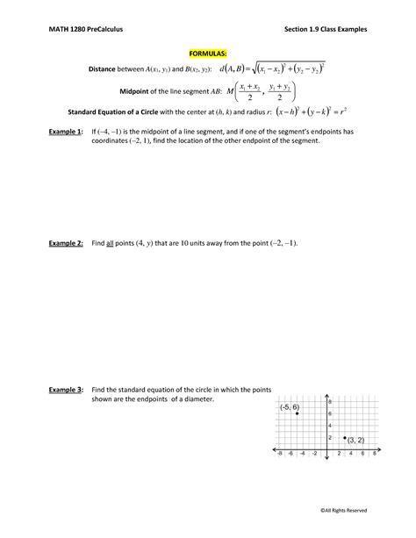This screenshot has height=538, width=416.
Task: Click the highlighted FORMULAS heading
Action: pyautogui.click(x=207, y=53)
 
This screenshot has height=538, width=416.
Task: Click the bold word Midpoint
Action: pyautogui.click(x=136, y=91)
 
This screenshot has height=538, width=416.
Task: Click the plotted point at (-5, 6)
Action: pyautogui.click(x=297, y=413)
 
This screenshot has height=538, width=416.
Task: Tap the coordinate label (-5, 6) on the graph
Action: pyautogui.click(x=290, y=407)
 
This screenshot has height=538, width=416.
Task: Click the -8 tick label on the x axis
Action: pyautogui.click(x=278, y=456)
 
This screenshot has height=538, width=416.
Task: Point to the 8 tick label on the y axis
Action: pyautogui.click(x=329, y=401)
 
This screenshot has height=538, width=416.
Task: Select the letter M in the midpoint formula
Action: pyautogui.click(x=231, y=91)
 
